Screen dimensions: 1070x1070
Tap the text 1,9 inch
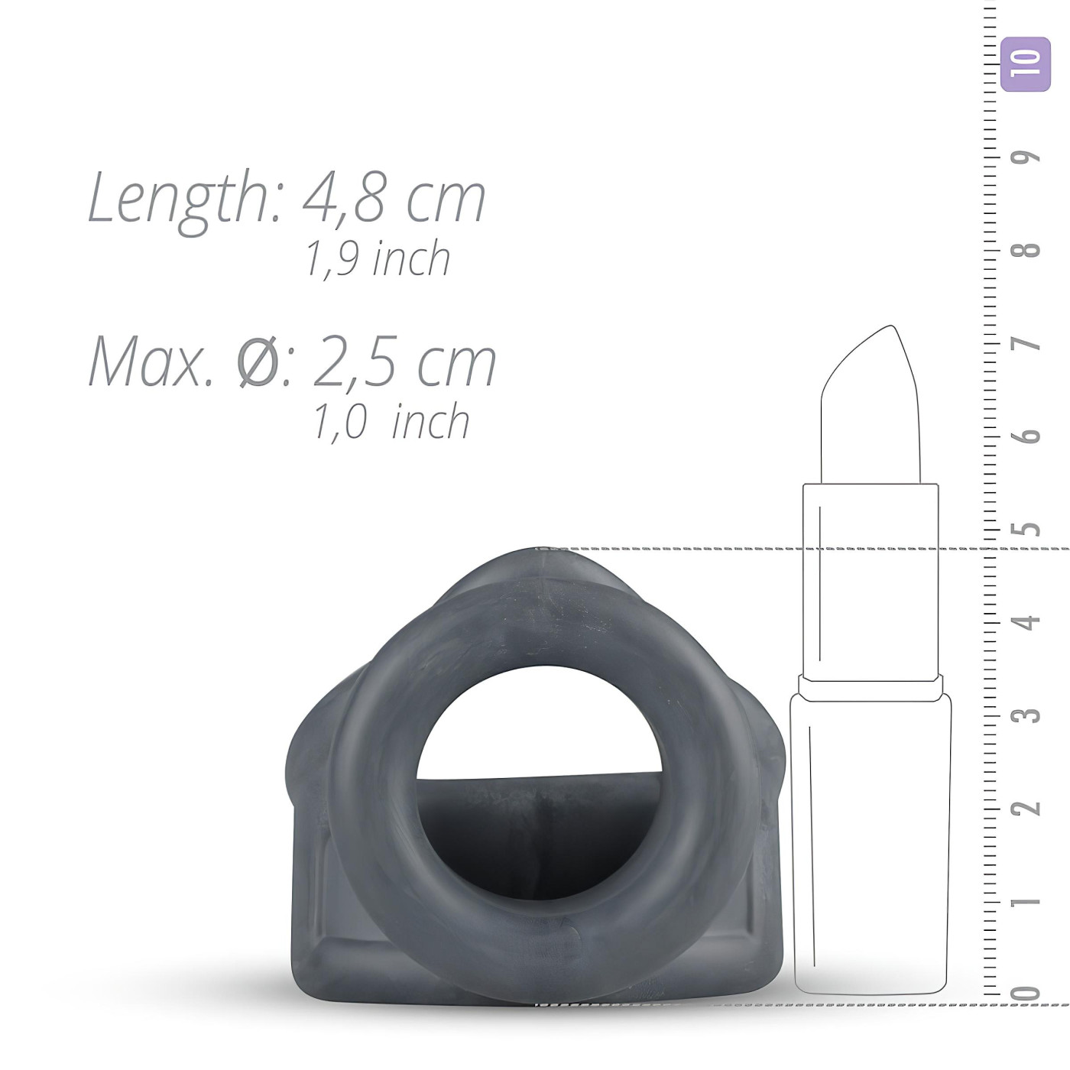click(378, 259)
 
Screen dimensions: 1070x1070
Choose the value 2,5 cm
click(404, 362)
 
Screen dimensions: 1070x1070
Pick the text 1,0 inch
click(391, 421)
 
